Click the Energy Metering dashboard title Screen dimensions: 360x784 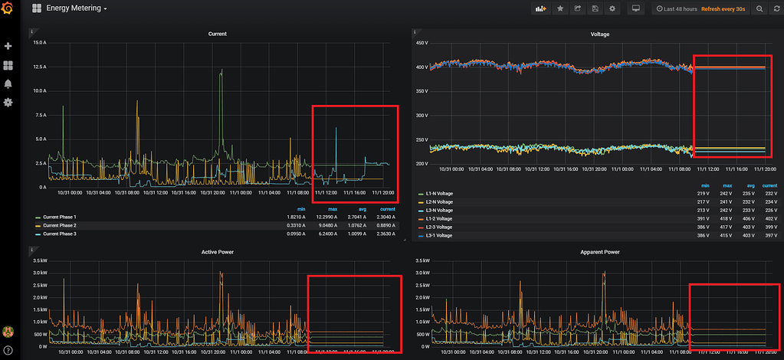pyautogui.click(x=74, y=8)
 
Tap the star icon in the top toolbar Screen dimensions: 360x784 pyautogui.click(x=560, y=8)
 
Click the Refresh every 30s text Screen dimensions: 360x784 pyautogui.click(x=723, y=8)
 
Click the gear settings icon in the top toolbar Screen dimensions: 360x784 pyautogui.click(x=612, y=8)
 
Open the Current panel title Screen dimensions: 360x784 pyautogui.click(x=217, y=34)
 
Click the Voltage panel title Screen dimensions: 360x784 pyautogui.click(x=600, y=34)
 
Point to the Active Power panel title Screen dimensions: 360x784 pyautogui.click(x=217, y=251)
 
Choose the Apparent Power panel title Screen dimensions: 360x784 pyautogui.click(x=600, y=251)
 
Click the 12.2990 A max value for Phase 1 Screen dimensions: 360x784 pyautogui.click(x=333, y=218)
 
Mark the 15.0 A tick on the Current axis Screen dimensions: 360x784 pyautogui.click(x=38, y=43)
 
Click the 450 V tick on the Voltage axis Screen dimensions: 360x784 pyautogui.click(x=421, y=43)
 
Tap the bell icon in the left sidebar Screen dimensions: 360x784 pyautogui.click(x=8, y=83)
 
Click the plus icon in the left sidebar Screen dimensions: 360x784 pyautogui.click(x=8, y=47)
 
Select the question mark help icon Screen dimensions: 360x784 pyautogui.click(x=8, y=350)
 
